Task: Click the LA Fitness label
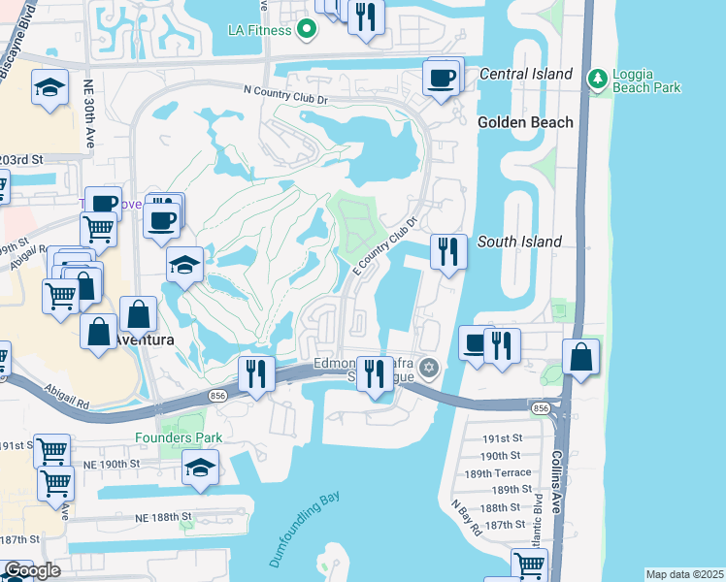click(260, 30)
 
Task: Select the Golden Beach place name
click(525, 122)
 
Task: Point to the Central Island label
click(524, 75)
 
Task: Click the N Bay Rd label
click(466, 519)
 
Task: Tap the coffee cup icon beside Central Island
click(443, 78)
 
